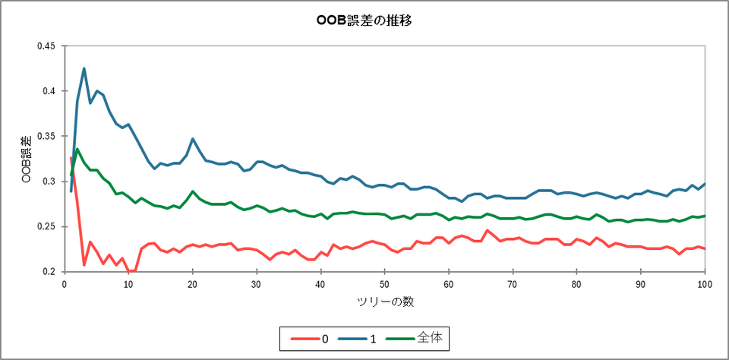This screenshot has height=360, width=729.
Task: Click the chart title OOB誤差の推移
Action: pyautogui.click(x=364, y=21)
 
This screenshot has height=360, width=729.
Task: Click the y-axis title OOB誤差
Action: pyautogui.click(x=25, y=159)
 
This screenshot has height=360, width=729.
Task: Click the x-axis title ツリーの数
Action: pyautogui.click(x=385, y=302)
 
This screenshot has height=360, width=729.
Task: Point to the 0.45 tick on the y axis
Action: pyautogui.click(x=46, y=46)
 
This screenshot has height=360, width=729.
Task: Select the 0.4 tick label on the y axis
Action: pyautogui.click(x=49, y=91)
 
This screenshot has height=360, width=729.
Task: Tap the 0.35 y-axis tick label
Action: pyautogui.click(x=46, y=136)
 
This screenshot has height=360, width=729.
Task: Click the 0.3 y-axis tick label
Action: pyautogui.click(x=49, y=182)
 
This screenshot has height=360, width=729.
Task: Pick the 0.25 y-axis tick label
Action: pyautogui.click(x=46, y=226)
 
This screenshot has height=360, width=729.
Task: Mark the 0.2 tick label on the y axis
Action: pyautogui.click(x=49, y=272)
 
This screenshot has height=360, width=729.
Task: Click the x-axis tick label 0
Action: pyautogui.click(x=65, y=284)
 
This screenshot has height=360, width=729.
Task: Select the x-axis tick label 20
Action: pyautogui.click(x=193, y=284)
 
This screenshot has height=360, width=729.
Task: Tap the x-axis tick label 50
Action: pyautogui.click(x=385, y=284)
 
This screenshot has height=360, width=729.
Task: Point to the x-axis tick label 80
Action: pyautogui.click(x=577, y=284)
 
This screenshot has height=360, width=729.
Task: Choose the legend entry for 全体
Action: pyautogui.click(x=430, y=338)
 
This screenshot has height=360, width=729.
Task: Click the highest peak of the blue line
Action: pyautogui.click(x=84, y=68)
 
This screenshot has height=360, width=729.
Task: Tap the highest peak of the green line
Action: pyautogui.click(x=77, y=149)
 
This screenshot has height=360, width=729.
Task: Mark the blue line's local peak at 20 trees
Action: pyautogui.click(x=193, y=139)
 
